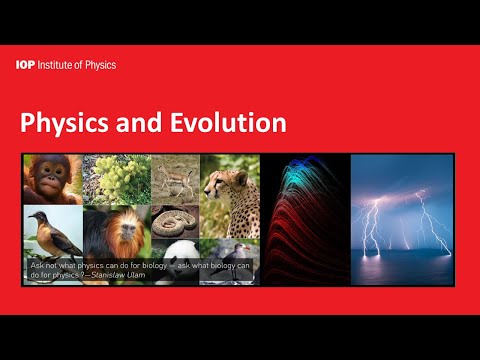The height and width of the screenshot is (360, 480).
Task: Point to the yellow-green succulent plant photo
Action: tap(116, 179)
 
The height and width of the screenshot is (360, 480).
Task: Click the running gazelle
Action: tap(175, 181)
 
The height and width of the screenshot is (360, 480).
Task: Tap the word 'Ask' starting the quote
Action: tap(37, 266)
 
